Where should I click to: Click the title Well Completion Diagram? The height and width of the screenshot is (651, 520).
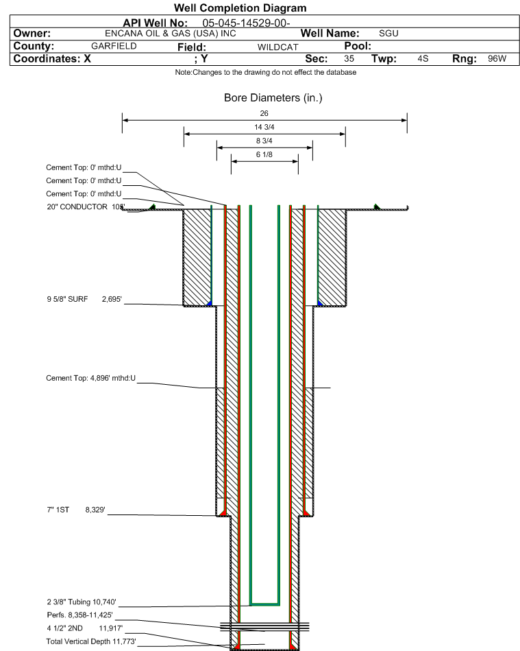point(240,8)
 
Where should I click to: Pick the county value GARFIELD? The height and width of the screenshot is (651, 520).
point(114,46)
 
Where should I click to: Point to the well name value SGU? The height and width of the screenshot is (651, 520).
point(388,33)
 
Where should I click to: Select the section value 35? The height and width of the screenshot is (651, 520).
point(349,59)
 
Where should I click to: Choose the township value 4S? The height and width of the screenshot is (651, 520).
point(423,59)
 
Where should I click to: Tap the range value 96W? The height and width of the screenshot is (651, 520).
point(497,59)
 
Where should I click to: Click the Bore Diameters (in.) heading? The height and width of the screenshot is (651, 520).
point(273,98)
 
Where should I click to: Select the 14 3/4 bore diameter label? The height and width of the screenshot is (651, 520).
point(264,127)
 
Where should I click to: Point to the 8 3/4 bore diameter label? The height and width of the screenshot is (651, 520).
point(264,141)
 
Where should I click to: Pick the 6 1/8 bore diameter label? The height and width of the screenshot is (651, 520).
point(264,155)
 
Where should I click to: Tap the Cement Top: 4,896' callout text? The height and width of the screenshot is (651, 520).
point(90,378)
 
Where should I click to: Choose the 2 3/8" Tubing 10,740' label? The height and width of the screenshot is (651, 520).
point(82,602)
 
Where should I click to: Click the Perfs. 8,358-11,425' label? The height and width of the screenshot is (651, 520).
point(79,615)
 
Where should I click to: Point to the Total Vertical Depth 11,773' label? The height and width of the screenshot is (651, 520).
point(91,641)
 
